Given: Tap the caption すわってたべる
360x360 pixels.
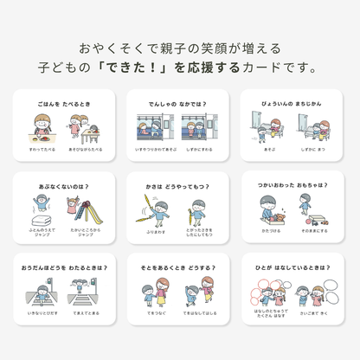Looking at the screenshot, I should pyautogui.click(x=42, y=148).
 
